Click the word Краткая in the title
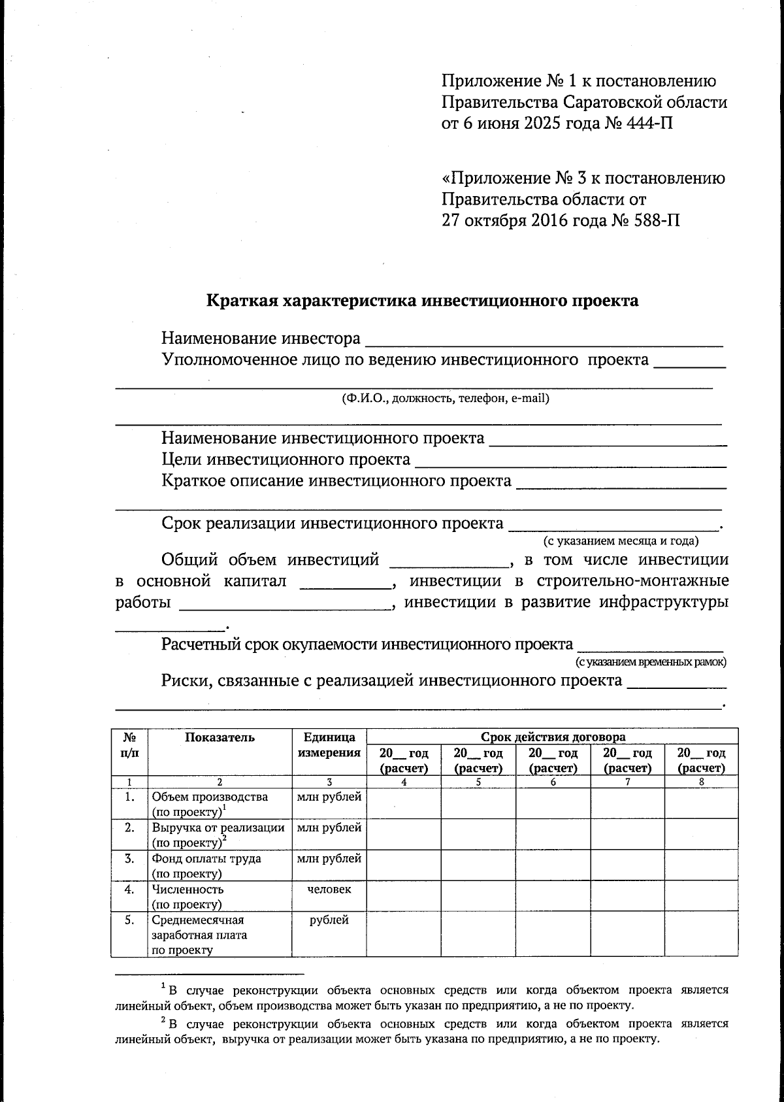click(x=242, y=301)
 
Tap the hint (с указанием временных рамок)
click(x=651, y=661)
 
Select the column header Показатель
click(x=220, y=737)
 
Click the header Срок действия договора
click(x=553, y=737)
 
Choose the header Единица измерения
click(x=329, y=744)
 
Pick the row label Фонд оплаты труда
click(x=206, y=858)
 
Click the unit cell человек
click(x=329, y=889)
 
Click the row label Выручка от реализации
click(x=218, y=827)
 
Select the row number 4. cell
click(x=129, y=889)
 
